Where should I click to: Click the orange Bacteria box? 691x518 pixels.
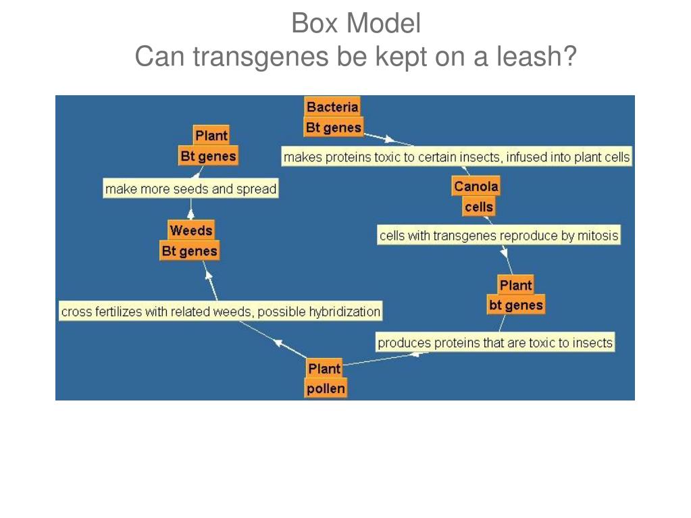(x=332, y=107)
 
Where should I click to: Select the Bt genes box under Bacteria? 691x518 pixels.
(x=334, y=128)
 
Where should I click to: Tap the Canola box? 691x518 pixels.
(x=476, y=186)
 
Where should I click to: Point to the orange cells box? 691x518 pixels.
(x=479, y=207)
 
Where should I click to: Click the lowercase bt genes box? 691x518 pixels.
(x=515, y=305)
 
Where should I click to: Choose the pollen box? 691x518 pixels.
(x=326, y=389)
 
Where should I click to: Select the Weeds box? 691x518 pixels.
(x=191, y=230)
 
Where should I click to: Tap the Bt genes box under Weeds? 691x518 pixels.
(x=190, y=251)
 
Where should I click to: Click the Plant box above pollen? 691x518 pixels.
(x=324, y=369)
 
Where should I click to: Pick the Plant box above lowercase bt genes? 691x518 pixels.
(x=516, y=285)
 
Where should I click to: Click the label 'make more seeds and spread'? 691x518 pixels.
(x=191, y=189)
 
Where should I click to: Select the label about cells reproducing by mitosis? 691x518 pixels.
(x=498, y=236)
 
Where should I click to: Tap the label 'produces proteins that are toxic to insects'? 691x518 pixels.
(x=495, y=342)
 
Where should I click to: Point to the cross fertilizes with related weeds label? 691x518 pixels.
(x=220, y=312)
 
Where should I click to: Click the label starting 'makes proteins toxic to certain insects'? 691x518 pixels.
(x=457, y=157)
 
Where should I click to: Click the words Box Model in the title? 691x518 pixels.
(x=355, y=24)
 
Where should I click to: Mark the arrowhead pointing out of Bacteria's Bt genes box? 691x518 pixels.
(x=388, y=139)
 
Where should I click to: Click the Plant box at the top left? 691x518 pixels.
(x=211, y=136)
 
